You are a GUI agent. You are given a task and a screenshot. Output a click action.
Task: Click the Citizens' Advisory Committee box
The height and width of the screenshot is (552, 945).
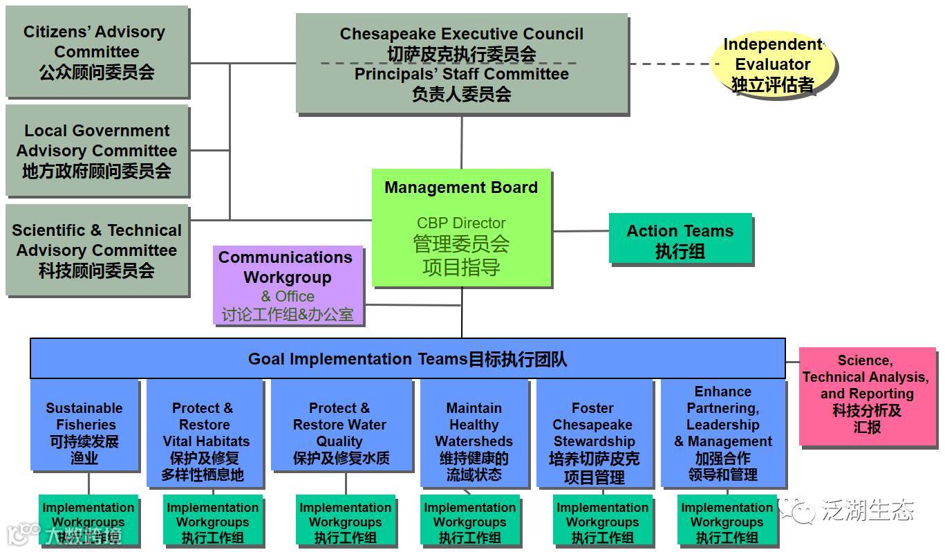coord(96,51)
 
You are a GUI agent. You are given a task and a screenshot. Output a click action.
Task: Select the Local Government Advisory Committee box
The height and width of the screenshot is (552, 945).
coord(96,150)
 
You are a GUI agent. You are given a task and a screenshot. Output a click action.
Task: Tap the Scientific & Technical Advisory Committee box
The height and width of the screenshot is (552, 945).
coord(96,250)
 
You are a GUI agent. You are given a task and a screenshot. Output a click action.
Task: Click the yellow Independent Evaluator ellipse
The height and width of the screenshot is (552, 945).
coord(772,64)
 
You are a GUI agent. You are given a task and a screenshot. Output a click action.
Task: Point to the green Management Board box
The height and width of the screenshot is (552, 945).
coord(461,228)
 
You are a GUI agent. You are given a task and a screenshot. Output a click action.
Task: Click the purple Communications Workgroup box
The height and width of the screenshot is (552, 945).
coord(288,285)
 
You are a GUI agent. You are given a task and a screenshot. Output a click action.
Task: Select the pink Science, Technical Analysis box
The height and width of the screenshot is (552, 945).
coord(866,395)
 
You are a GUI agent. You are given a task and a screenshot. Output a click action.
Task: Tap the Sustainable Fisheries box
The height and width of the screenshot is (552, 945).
coord(84,433)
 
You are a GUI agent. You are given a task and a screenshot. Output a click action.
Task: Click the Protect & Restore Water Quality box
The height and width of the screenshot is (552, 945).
coord(340,433)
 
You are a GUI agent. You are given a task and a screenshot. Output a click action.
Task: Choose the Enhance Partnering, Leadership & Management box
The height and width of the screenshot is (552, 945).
coord(723,433)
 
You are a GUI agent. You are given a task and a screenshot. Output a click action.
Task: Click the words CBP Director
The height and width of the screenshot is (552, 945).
coord(461,223)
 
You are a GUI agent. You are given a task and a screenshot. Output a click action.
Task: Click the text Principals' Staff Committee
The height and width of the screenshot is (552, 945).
coord(461,74)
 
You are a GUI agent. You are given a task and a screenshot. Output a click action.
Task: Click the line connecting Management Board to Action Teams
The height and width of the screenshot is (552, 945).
coord(581,231)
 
